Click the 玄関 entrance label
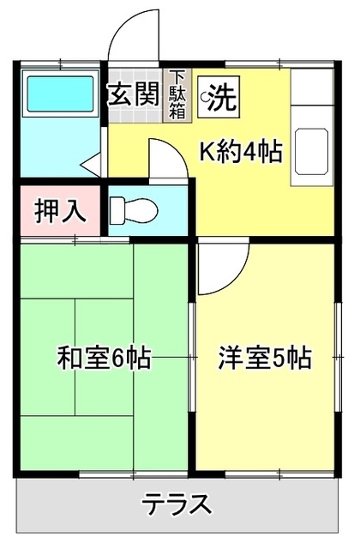point(134,93)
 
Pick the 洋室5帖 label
point(263,356)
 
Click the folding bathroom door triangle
point(92,164)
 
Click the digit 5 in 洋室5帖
point(283,356)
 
